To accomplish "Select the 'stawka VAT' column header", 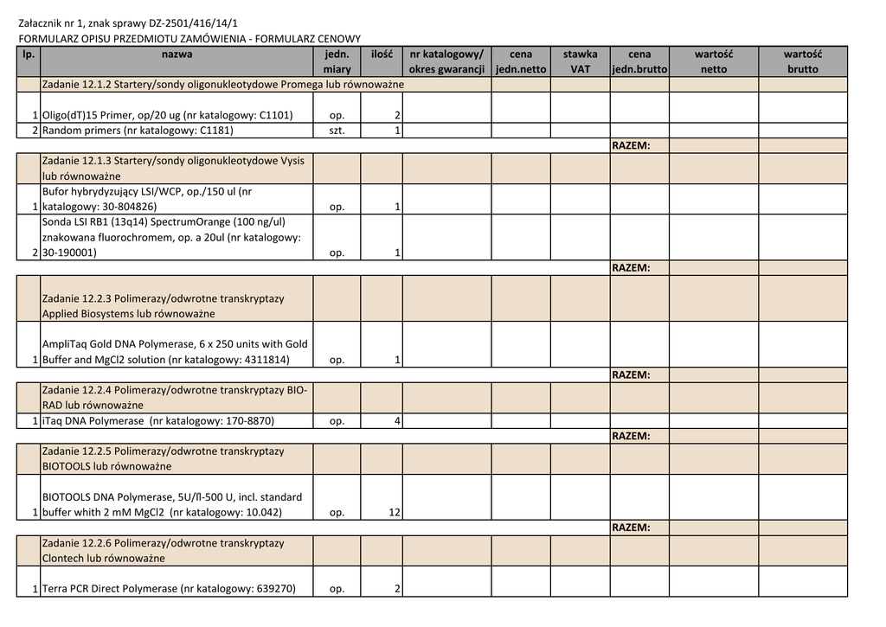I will (580, 61).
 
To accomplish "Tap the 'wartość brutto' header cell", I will (802, 61).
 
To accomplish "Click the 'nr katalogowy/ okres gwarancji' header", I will (447, 61).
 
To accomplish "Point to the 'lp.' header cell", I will (29, 54).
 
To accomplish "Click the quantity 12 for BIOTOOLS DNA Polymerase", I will (394, 513).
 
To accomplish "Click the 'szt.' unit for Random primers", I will (337, 131).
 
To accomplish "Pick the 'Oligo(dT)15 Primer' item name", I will (167, 115).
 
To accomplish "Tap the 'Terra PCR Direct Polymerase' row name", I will (169, 589).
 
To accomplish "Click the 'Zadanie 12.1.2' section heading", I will (223, 85).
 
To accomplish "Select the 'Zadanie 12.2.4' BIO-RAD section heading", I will (174, 397).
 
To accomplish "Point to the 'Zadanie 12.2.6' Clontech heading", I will (163, 550).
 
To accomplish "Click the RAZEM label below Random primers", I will (631, 145).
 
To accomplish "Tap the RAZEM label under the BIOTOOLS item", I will (631, 528).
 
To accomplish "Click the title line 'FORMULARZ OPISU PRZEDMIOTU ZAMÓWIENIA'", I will (189, 39).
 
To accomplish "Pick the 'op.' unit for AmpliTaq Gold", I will (337, 360).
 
